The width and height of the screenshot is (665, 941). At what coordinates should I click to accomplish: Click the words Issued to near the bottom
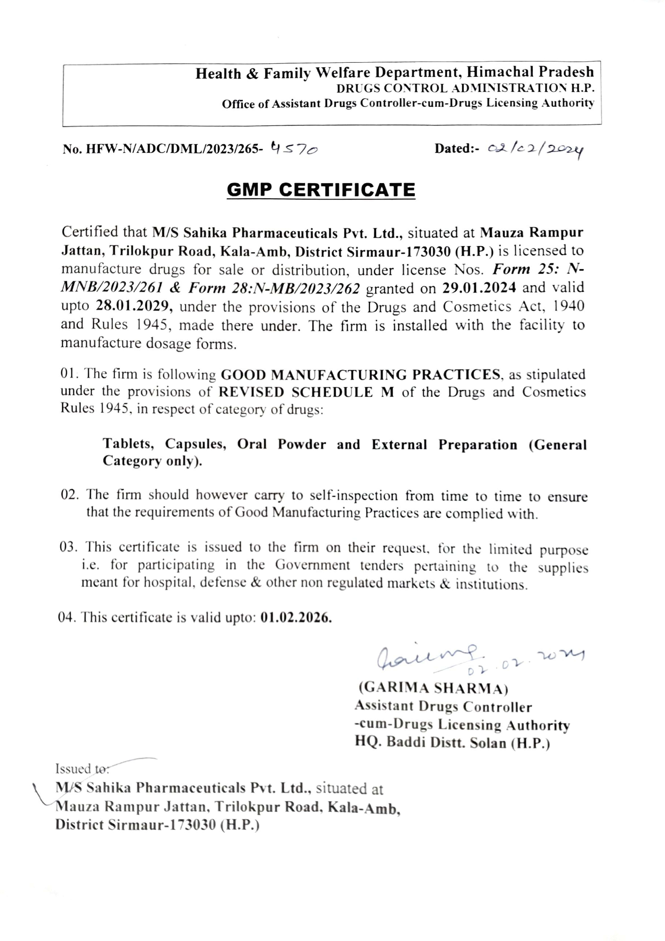pyautogui.click(x=82, y=769)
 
